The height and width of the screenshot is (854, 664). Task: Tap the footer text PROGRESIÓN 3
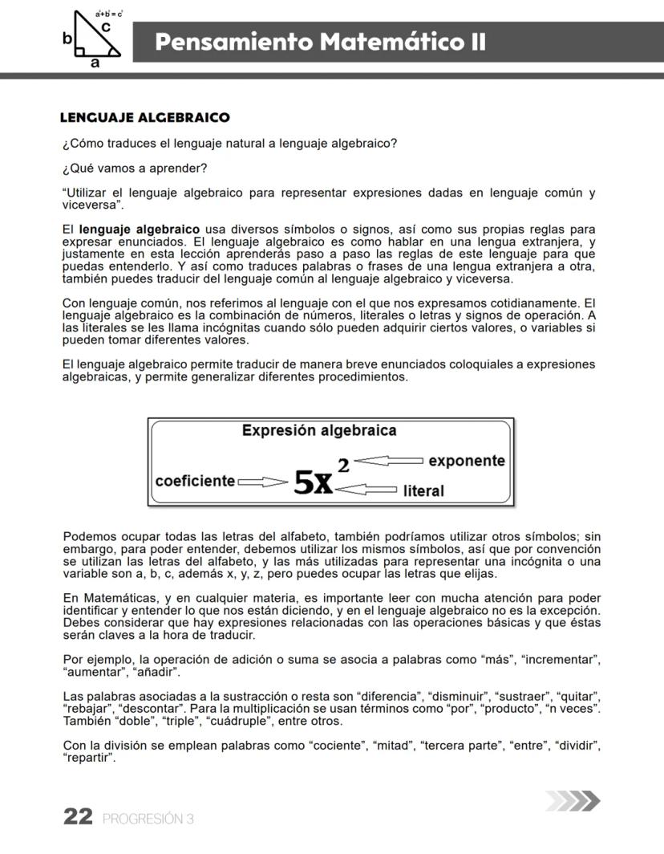(148, 819)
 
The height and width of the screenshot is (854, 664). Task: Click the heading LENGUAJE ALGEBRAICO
(144, 118)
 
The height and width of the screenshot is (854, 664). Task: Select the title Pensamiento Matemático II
(321, 42)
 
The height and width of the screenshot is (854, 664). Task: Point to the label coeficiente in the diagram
(195, 481)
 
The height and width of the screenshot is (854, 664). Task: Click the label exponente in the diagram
(467, 461)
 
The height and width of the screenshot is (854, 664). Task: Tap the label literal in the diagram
(423, 490)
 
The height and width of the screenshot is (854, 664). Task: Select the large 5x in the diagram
(314, 482)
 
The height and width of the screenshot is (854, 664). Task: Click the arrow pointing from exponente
(389, 461)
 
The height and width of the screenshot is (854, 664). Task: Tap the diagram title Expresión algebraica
(319, 430)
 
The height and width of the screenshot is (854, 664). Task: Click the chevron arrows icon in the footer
(571, 802)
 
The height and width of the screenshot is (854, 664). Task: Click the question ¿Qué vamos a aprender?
(135, 168)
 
